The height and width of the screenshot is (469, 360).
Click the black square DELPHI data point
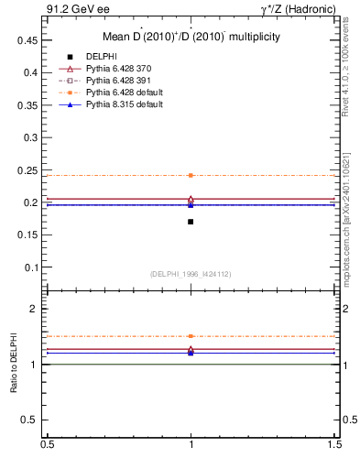click(191, 222)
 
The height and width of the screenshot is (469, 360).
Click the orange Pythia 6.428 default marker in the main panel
click(191, 175)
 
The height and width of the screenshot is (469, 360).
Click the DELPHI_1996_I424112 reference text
click(190, 274)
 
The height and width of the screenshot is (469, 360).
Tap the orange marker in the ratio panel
click(191, 336)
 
